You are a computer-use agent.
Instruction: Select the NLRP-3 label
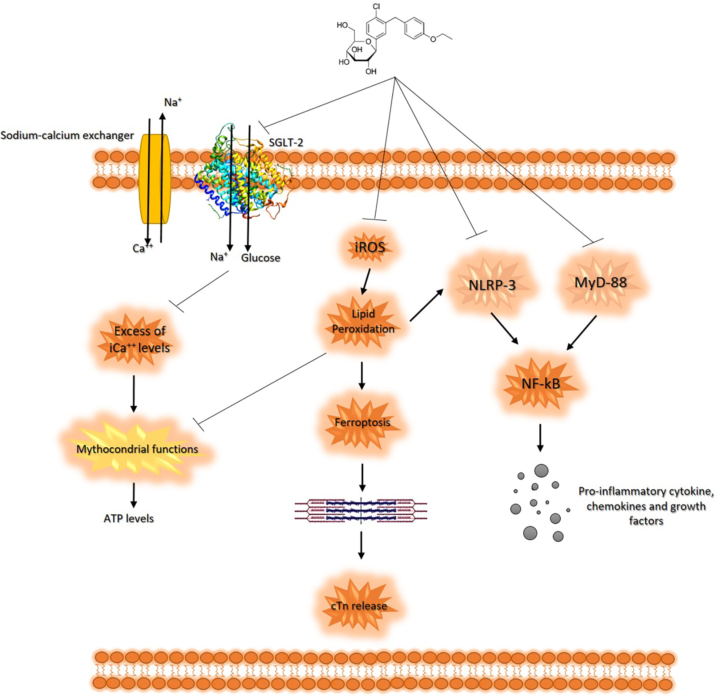coord(492,285)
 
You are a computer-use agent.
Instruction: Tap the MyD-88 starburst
coord(601,283)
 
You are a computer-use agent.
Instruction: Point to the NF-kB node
coord(541,384)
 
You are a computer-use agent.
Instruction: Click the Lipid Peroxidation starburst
coord(363,322)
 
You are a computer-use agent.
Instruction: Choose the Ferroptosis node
coord(362,422)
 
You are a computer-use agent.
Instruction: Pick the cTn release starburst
coord(359,606)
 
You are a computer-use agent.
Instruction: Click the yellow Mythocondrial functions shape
coord(137,449)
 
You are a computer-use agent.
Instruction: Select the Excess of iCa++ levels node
coord(139,339)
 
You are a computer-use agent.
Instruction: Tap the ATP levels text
coord(128,518)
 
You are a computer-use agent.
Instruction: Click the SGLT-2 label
coord(286,142)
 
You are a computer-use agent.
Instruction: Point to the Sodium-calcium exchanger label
coord(67,135)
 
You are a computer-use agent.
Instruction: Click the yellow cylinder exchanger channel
coord(155,179)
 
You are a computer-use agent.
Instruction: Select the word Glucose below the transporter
coord(261,258)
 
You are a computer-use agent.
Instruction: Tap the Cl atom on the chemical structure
coord(376,7)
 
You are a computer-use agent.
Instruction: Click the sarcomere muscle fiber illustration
coord(361,511)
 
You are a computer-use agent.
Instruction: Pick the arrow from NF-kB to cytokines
coord(540,438)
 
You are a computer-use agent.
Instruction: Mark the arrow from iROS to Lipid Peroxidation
coord(366,281)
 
